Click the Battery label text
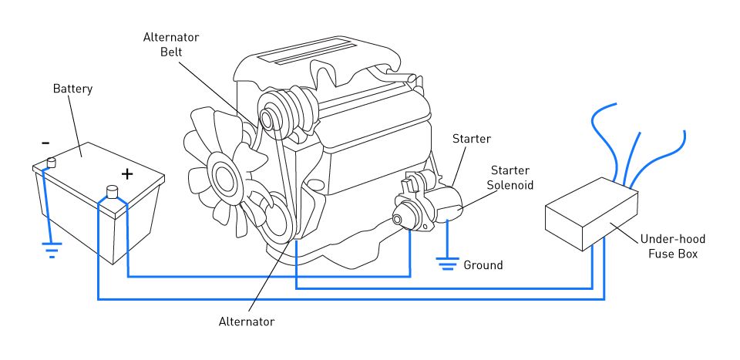(72, 89)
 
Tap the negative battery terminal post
(51, 163)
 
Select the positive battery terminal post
(113, 192)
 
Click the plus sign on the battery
(127, 174)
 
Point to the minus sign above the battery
(45, 143)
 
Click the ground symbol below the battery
(52, 250)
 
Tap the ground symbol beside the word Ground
(447, 264)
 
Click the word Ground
(483, 265)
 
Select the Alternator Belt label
(171, 44)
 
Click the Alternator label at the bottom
(247, 321)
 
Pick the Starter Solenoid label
(510, 177)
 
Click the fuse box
(592, 214)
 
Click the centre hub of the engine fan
(222, 177)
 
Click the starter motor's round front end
(398, 220)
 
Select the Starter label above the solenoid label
(472, 139)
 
